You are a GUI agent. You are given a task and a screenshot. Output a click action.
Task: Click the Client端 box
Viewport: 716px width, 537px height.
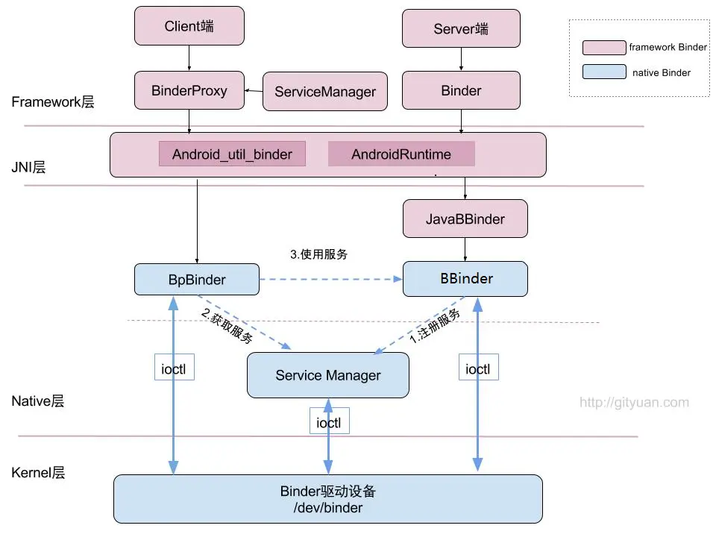189,26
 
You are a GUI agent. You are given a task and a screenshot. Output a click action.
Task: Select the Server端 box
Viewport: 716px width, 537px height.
461,28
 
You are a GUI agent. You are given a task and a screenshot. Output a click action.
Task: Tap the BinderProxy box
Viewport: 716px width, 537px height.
189,91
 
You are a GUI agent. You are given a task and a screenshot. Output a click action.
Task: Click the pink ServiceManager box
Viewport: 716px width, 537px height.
325,92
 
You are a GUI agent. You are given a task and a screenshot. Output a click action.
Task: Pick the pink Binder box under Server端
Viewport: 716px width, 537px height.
461,91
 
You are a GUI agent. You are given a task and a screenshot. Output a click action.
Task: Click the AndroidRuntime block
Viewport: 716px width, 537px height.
401,154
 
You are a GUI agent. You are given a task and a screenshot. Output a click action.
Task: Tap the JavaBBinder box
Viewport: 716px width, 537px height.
465,219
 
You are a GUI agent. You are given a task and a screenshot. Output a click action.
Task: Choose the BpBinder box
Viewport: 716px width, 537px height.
196,280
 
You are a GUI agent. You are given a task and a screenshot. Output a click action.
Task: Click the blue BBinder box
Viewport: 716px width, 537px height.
465,279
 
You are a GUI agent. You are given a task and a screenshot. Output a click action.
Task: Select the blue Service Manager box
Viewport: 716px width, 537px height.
328,375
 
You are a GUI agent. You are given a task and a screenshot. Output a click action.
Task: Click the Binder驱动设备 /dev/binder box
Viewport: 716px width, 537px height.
327,499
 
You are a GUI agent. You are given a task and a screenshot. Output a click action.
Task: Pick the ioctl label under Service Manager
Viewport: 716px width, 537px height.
330,422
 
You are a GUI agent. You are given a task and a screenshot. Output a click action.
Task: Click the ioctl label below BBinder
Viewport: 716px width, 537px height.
478,368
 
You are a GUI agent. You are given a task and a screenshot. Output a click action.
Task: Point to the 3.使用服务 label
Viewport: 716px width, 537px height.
318,254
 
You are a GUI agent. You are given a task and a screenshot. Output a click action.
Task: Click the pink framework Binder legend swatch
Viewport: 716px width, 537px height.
604,47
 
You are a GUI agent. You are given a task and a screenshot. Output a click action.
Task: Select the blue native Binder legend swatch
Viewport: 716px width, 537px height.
604,72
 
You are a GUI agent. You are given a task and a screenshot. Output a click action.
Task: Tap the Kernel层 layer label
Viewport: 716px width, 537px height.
38,473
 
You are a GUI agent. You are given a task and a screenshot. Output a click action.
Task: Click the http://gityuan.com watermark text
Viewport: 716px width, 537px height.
634,403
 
